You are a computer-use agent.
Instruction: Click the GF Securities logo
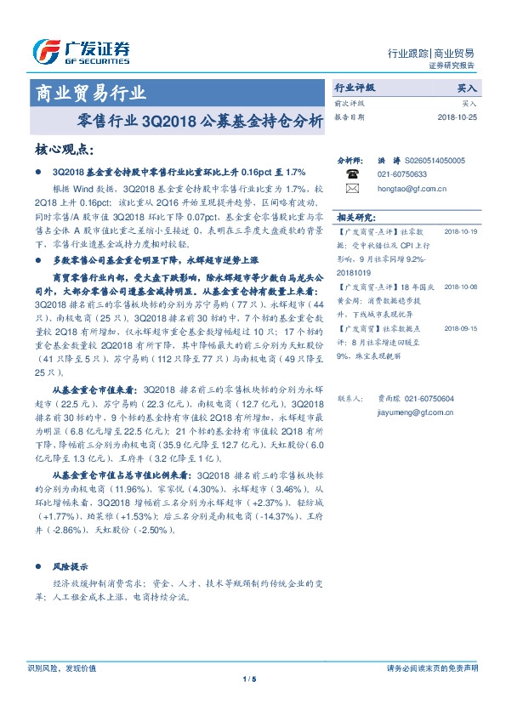[81, 51]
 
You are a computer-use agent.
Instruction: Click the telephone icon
[352, 173]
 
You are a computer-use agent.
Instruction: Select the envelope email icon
[352, 188]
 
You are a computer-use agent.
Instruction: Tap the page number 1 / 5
[249, 679]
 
